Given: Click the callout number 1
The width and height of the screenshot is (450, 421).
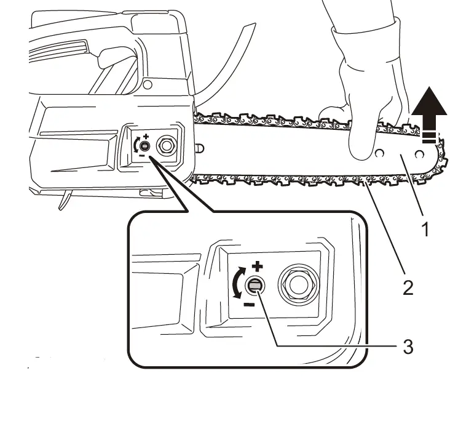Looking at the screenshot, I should coord(423,230).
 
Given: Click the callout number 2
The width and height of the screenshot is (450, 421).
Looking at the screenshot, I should coord(408,286).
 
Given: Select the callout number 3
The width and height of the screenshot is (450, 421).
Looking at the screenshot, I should coord(408,346).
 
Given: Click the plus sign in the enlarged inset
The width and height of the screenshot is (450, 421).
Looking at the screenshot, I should coord(258,266).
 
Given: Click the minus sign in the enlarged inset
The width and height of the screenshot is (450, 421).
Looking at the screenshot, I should coord(248,304).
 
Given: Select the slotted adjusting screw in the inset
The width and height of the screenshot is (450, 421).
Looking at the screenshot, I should coord(255,285).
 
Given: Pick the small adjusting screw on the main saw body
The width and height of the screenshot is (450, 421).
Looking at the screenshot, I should coord(144,146).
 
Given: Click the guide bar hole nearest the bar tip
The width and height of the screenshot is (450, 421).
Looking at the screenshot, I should coord(420,153).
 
